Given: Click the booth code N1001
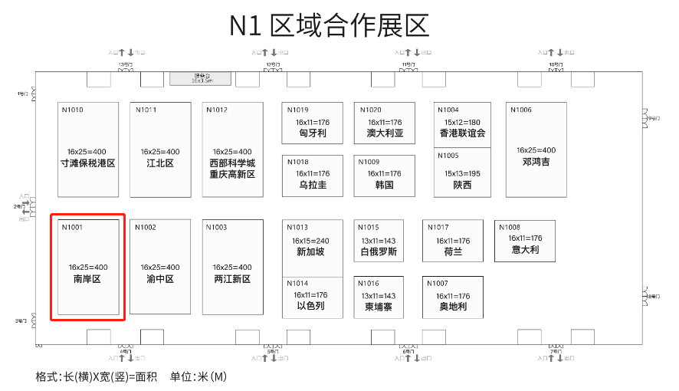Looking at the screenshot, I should [x=72, y=228].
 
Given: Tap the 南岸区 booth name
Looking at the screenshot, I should [x=87, y=280].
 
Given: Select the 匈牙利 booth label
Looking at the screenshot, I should [x=313, y=133].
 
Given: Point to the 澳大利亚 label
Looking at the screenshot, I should [x=385, y=133].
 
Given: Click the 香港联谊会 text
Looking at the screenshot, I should [x=462, y=133].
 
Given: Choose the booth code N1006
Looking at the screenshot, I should [x=521, y=110].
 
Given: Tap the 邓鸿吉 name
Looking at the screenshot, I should [x=536, y=163].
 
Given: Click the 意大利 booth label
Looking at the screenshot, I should [x=525, y=250].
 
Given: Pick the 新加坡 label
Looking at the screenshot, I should [x=311, y=252].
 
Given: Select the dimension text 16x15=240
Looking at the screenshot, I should [x=311, y=241].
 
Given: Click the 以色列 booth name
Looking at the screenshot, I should [x=311, y=306].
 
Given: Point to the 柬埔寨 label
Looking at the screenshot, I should [x=379, y=307].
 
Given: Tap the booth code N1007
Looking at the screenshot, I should [x=438, y=284].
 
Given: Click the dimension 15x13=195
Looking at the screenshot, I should [x=462, y=173].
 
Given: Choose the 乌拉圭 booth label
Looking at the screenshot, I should [x=313, y=186].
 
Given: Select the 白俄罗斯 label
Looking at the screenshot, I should [x=379, y=252].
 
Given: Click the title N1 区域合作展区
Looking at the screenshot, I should [x=330, y=25].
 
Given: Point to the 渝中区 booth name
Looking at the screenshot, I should [x=160, y=280].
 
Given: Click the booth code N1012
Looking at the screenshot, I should [x=217, y=110].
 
